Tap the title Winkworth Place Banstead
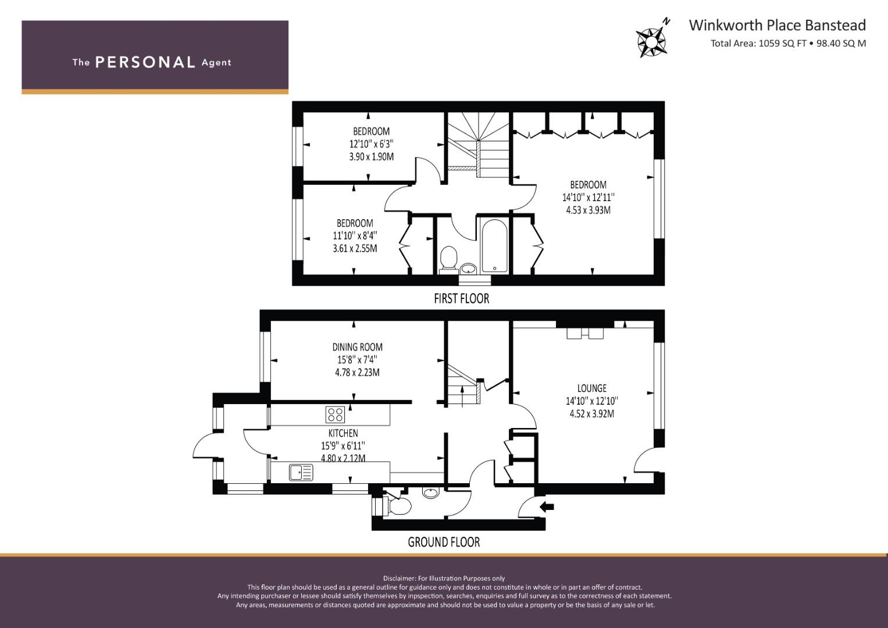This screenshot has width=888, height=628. (777, 25)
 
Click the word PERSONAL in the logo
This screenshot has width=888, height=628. (145, 62)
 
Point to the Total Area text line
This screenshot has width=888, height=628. (788, 43)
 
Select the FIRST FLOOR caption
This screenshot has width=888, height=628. (461, 298)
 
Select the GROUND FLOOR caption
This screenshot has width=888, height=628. (444, 542)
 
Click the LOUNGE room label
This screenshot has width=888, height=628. (592, 388)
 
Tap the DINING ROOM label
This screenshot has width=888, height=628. (357, 347)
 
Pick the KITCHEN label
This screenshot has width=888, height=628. (343, 433)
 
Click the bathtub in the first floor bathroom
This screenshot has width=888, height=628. (494, 246)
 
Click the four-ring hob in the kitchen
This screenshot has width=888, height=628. (335, 415)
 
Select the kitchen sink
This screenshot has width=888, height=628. (301, 473)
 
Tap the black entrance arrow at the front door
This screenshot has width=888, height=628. (547, 506)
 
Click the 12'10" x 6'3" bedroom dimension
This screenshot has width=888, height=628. (372, 144)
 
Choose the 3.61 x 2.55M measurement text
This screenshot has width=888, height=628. (355, 249)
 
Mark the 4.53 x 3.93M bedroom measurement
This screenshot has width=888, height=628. (589, 210)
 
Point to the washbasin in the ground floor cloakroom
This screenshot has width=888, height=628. (430, 493)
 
